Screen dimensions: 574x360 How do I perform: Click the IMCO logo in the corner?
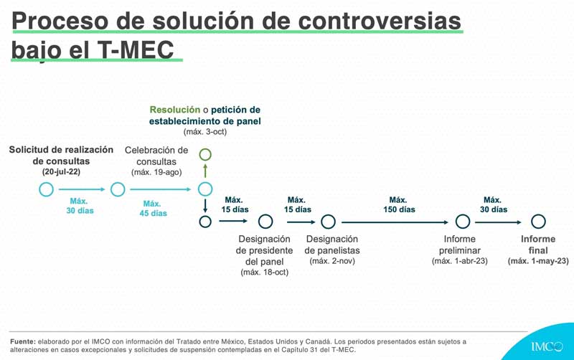point(547,346)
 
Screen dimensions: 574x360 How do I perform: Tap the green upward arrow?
point(205,171)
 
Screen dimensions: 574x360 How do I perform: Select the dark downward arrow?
point(205,206)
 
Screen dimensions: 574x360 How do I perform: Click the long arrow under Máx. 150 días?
point(395,222)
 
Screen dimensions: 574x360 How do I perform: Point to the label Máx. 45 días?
point(153,209)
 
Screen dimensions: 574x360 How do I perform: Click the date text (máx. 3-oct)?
point(205,132)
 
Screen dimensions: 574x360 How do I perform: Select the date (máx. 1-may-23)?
point(538,261)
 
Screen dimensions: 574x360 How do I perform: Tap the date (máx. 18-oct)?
point(265,273)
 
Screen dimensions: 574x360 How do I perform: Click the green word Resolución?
point(175,110)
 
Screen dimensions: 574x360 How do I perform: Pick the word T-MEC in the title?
point(136,49)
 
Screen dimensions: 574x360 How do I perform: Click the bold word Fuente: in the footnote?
point(23,341)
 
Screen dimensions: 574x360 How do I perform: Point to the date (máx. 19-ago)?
point(156,172)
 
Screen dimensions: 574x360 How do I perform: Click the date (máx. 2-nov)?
point(332,261)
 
